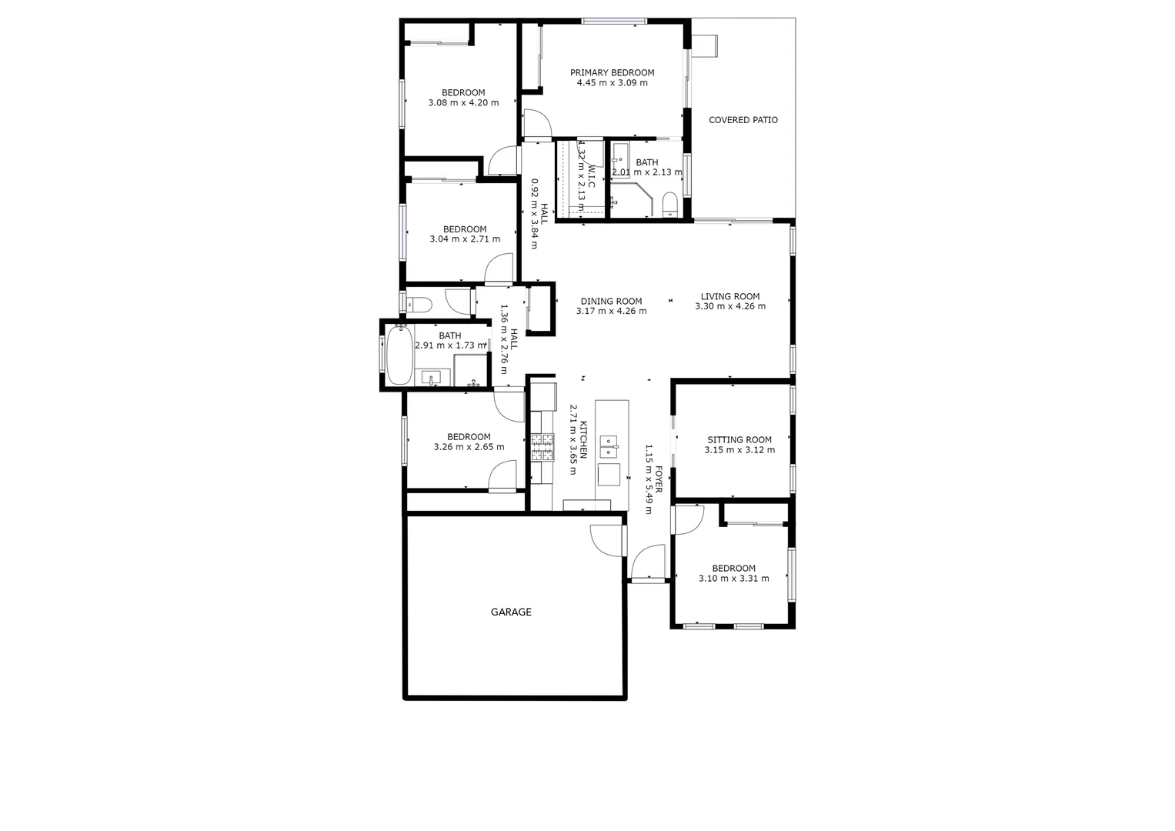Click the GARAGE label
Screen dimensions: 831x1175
(511, 612)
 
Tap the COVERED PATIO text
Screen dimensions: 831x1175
(743, 120)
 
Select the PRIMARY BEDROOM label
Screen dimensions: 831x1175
(612, 73)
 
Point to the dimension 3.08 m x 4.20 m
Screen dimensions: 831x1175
(463, 103)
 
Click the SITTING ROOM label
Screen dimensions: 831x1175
(739, 440)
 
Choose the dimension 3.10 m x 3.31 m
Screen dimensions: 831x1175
(733, 579)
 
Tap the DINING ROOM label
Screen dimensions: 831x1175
(611, 302)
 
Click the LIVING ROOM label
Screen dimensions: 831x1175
(730, 296)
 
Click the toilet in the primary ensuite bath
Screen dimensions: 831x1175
(669, 203)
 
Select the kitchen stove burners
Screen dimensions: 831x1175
(542, 448)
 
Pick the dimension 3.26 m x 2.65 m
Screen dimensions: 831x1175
(469, 447)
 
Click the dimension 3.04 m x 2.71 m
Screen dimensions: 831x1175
(465, 239)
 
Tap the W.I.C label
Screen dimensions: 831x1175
(591, 176)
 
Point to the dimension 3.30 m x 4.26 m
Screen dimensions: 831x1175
(730, 306)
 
